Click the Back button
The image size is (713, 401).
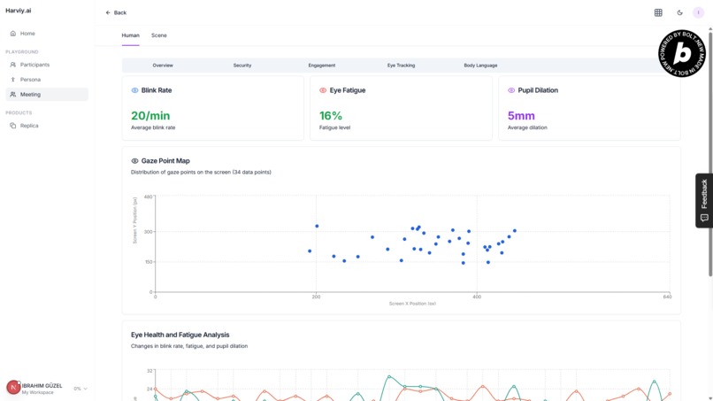(x=116, y=12)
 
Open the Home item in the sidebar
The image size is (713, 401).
(x=27, y=34)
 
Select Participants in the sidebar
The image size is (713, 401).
(x=34, y=65)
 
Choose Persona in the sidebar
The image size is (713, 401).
(x=30, y=80)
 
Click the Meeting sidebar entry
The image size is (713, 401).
(x=30, y=95)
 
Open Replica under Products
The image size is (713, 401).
(x=29, y=126)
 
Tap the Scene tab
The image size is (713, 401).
(x=158, y=35)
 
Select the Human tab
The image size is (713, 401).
(x=130, y=35)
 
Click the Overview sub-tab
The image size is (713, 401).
(x=163, y=66)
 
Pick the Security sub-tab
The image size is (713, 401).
(x=242, y=66)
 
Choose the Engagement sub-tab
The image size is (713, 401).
(x=322, y=66)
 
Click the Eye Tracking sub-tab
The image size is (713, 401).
(x=401, y=66)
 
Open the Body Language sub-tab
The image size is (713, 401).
(x=480, y=66)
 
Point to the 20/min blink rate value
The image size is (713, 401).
(x=150, y=116)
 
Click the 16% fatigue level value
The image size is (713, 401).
(x=331, y=116)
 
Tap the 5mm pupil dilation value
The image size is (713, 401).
(x=521, y=116)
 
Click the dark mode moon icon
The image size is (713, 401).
(x=679, y=12)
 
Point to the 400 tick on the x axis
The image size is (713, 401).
(x=477, y=297)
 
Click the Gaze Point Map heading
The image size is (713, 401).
(x=165, y=161)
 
